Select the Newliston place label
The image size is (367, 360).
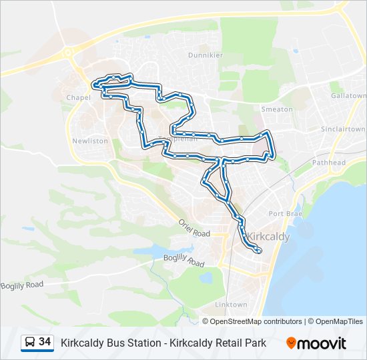point(89,141)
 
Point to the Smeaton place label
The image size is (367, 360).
point(277,109)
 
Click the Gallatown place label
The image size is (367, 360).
point(348,96)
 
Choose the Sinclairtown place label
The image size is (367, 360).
point(343,129)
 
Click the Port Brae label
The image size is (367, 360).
point(286,213)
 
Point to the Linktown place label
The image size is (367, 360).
point(231,305)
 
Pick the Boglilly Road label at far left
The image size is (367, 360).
point(22,285)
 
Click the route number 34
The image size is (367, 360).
point(45,342)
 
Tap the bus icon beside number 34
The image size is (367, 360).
point(30,343)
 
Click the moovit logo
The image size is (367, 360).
point(316,343)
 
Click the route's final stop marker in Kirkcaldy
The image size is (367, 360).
point(258,251)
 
